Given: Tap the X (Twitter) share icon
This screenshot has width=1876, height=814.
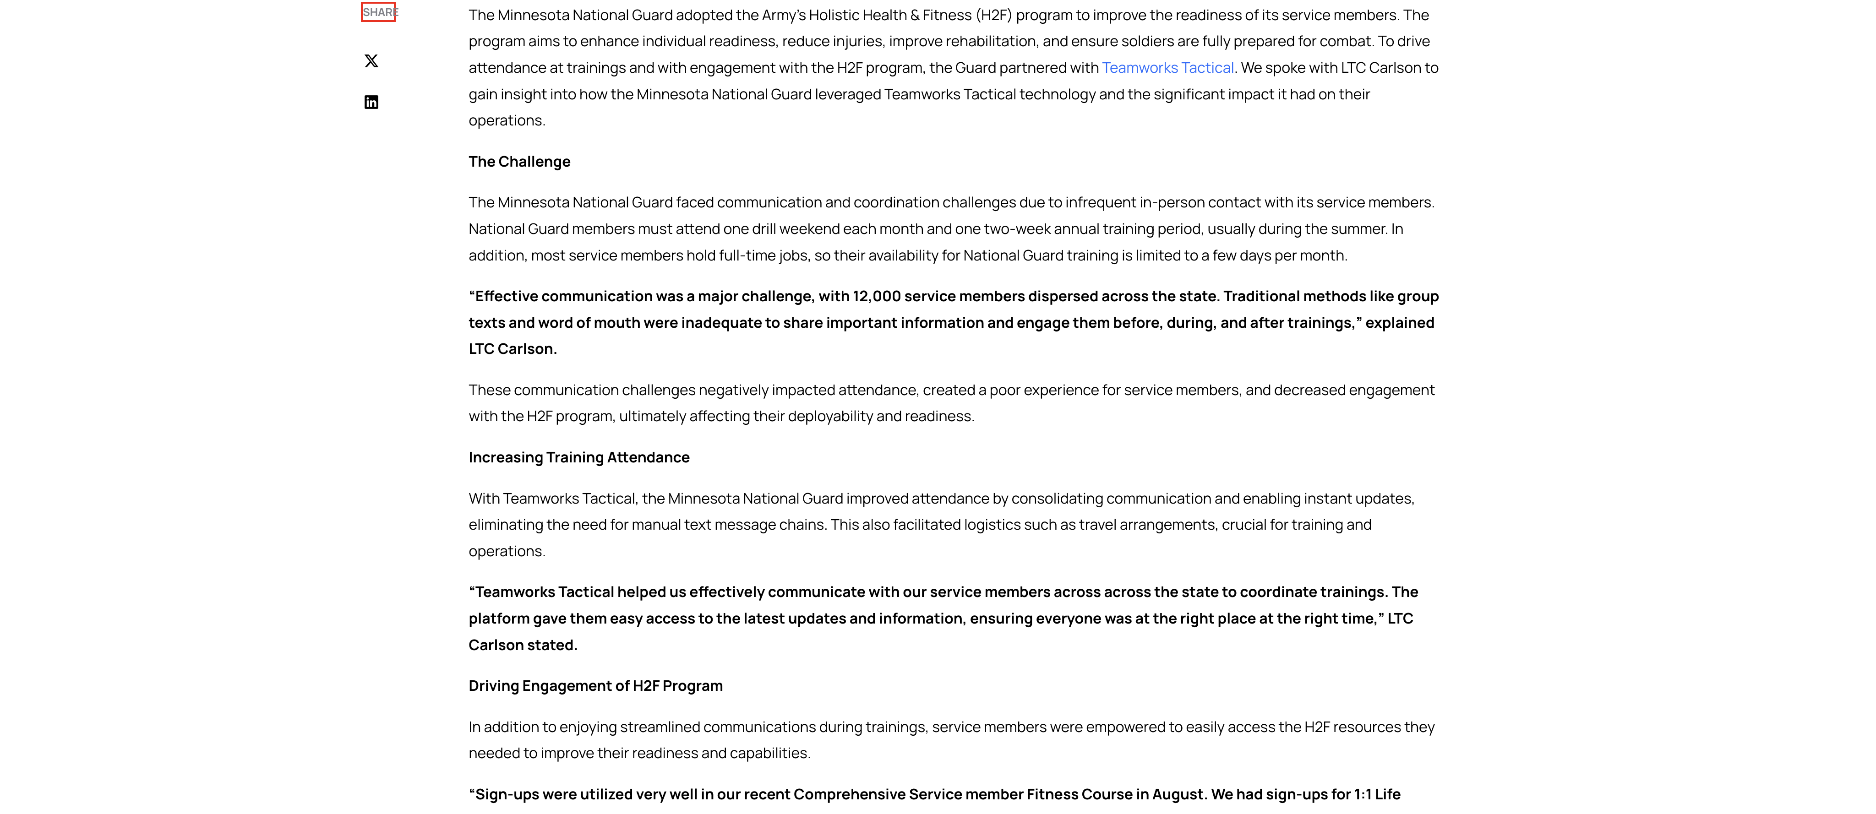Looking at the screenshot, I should point(371,61).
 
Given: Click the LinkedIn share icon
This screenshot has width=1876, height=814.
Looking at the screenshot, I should point(371,102).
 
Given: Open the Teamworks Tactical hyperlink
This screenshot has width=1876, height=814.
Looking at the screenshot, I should point(1167,68).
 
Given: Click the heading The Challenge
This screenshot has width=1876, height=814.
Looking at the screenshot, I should point(519,162).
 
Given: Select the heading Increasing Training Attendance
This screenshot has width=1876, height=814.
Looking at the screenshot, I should point(579,457).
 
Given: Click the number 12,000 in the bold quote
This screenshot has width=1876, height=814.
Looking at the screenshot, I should point(877,296).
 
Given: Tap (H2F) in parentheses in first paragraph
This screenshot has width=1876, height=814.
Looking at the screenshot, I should point(994,15).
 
